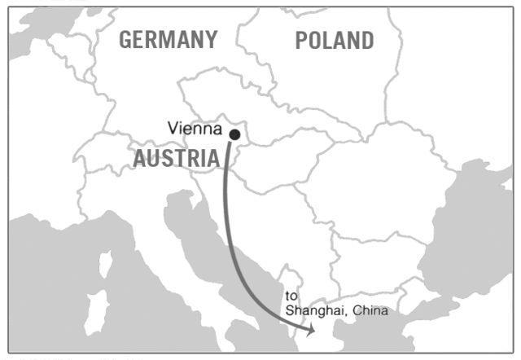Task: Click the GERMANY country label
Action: (169, 39)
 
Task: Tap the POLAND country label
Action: (334, 40)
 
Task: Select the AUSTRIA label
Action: (176, 159)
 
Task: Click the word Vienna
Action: (195, 128)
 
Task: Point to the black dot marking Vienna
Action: (234, 134)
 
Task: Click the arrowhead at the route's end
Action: (310, 330)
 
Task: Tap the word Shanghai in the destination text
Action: (312, 311)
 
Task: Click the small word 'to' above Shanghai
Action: (291, 296)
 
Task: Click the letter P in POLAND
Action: (301, 40)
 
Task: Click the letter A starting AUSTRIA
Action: (141, 159)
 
